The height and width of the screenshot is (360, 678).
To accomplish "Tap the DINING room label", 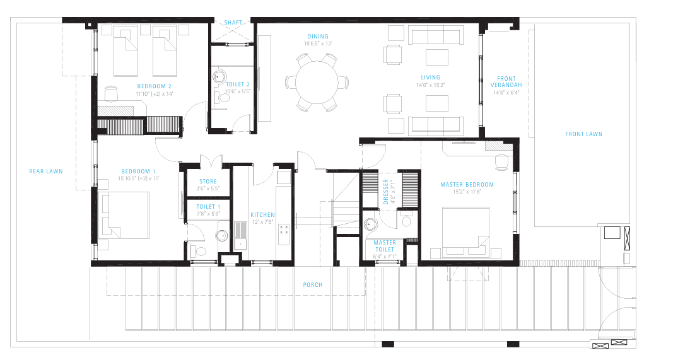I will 317,37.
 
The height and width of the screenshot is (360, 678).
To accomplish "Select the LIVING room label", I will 431,78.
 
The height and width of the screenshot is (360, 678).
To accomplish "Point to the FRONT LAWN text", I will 583,134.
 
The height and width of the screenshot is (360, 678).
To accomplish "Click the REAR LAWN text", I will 46,171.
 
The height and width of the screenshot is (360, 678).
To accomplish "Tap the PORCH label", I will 312,285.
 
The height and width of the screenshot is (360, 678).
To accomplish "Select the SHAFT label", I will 233,23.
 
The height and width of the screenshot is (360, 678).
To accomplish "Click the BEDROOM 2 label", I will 155,86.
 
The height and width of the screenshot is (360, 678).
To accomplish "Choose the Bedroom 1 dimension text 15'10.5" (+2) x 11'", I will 138,178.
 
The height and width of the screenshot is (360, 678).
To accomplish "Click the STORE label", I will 208,182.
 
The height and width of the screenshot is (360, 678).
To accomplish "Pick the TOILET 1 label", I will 208,206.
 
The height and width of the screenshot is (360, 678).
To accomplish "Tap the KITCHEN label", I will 262,215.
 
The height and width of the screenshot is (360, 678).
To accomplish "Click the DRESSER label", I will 387,192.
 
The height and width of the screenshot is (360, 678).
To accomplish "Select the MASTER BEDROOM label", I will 467,185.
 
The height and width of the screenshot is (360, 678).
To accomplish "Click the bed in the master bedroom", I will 465,233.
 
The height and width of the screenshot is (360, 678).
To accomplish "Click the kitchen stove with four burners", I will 284,234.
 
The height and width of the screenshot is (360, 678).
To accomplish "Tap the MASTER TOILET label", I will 385,246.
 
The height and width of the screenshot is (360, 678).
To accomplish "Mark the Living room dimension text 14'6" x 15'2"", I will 431,84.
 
